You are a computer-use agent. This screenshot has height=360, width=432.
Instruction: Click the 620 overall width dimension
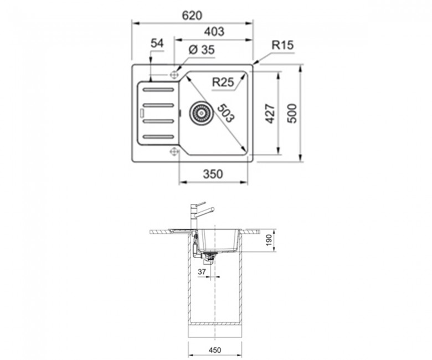click(192, 16)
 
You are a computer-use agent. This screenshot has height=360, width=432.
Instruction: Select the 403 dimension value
click(214, 32)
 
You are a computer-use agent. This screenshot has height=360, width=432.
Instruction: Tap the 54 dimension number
click(157, 44)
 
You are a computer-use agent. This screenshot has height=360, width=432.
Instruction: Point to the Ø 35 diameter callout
click(202, 50)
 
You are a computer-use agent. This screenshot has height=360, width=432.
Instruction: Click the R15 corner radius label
click(282, 45)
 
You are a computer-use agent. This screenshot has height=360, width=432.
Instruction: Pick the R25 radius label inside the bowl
click(223, 82)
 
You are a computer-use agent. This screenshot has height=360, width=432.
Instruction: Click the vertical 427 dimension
click(270, 114)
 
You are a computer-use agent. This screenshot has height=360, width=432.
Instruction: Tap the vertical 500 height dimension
click(292, 114)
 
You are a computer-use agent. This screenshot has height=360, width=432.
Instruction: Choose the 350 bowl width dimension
click(213, 174)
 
